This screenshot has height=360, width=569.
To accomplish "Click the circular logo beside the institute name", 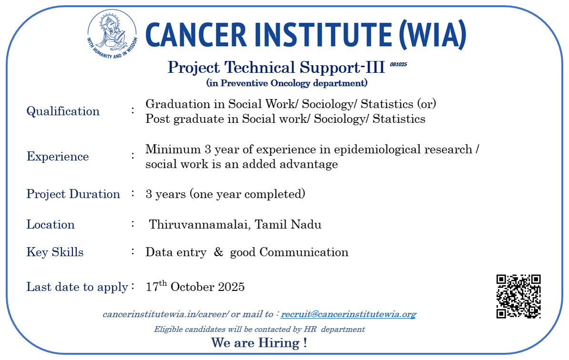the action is [x=112, y=34].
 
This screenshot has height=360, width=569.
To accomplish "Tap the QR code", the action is [x=518, y=297].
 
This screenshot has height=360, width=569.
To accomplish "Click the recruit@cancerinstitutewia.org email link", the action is [x=348, y=314].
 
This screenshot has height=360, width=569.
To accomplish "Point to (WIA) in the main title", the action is [x=432, y=35].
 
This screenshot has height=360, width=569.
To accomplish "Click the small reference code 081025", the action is [x=398, y=65].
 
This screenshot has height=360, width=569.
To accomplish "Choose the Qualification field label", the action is [x=63, y=111].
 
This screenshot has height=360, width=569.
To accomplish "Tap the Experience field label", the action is [x=58, y=157].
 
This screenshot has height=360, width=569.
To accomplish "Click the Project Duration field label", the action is [x=73, y=194].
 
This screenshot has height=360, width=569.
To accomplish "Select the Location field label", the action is [x=51, y=225].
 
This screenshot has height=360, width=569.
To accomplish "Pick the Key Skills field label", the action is [x=55, y=252].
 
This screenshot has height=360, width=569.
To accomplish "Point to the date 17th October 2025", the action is [x=195, y=286].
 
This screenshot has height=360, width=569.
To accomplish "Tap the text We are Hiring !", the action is [x=259, y=342].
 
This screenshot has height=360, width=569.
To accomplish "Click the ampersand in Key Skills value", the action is [x=218, y=252].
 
